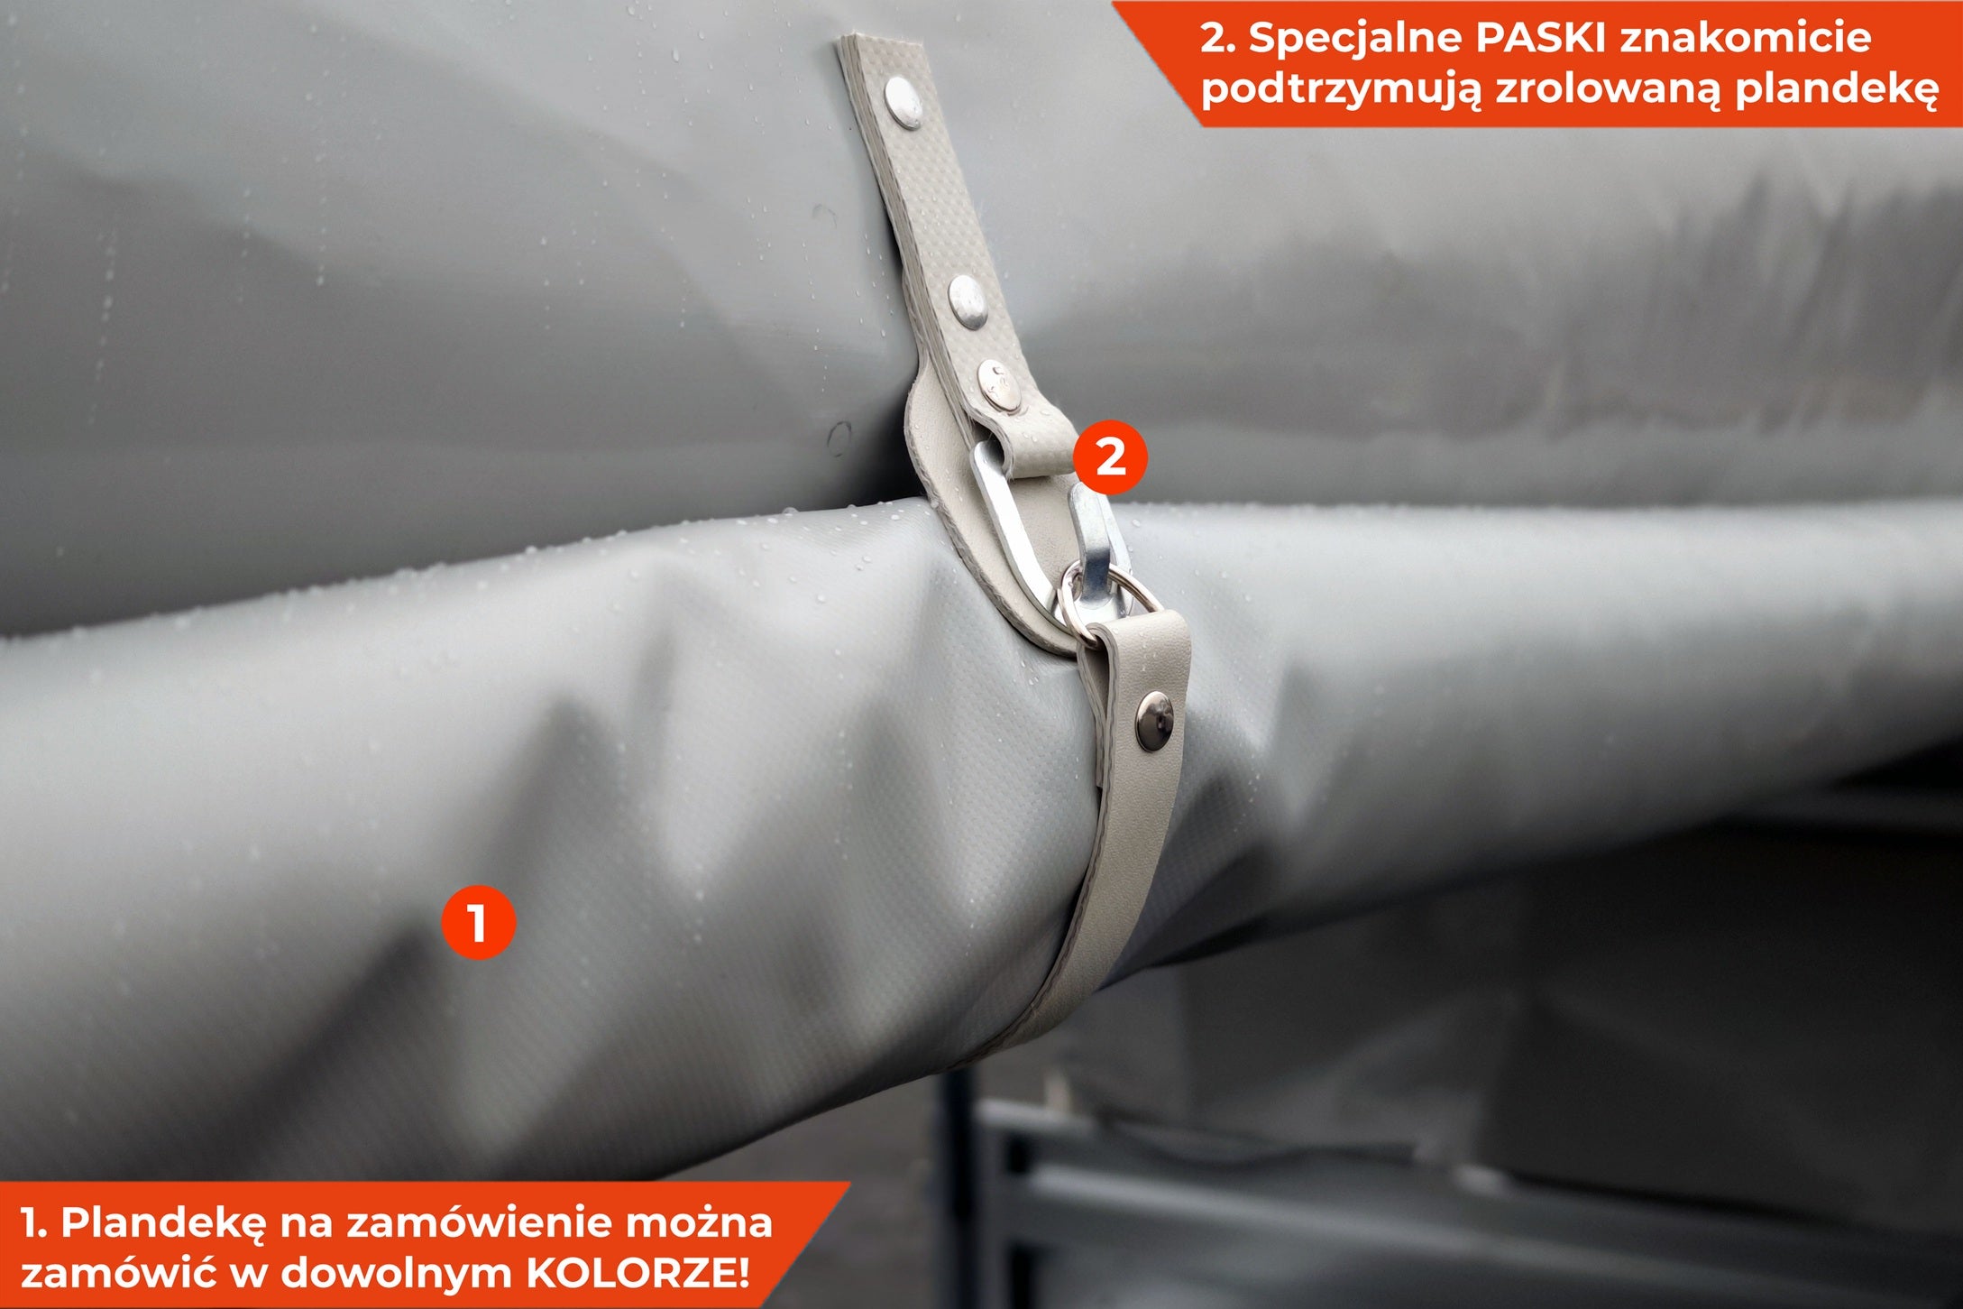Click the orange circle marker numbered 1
pyautogui.click(x=478, y=922)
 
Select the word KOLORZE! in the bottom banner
pyautogui.click(x=638, y=1273)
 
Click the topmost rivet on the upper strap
pyautogui.click(x=903, y=99)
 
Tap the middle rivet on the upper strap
pyautogui.click(x=967, y=298)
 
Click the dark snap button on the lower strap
pyautogui.click(x=1155, y=722)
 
